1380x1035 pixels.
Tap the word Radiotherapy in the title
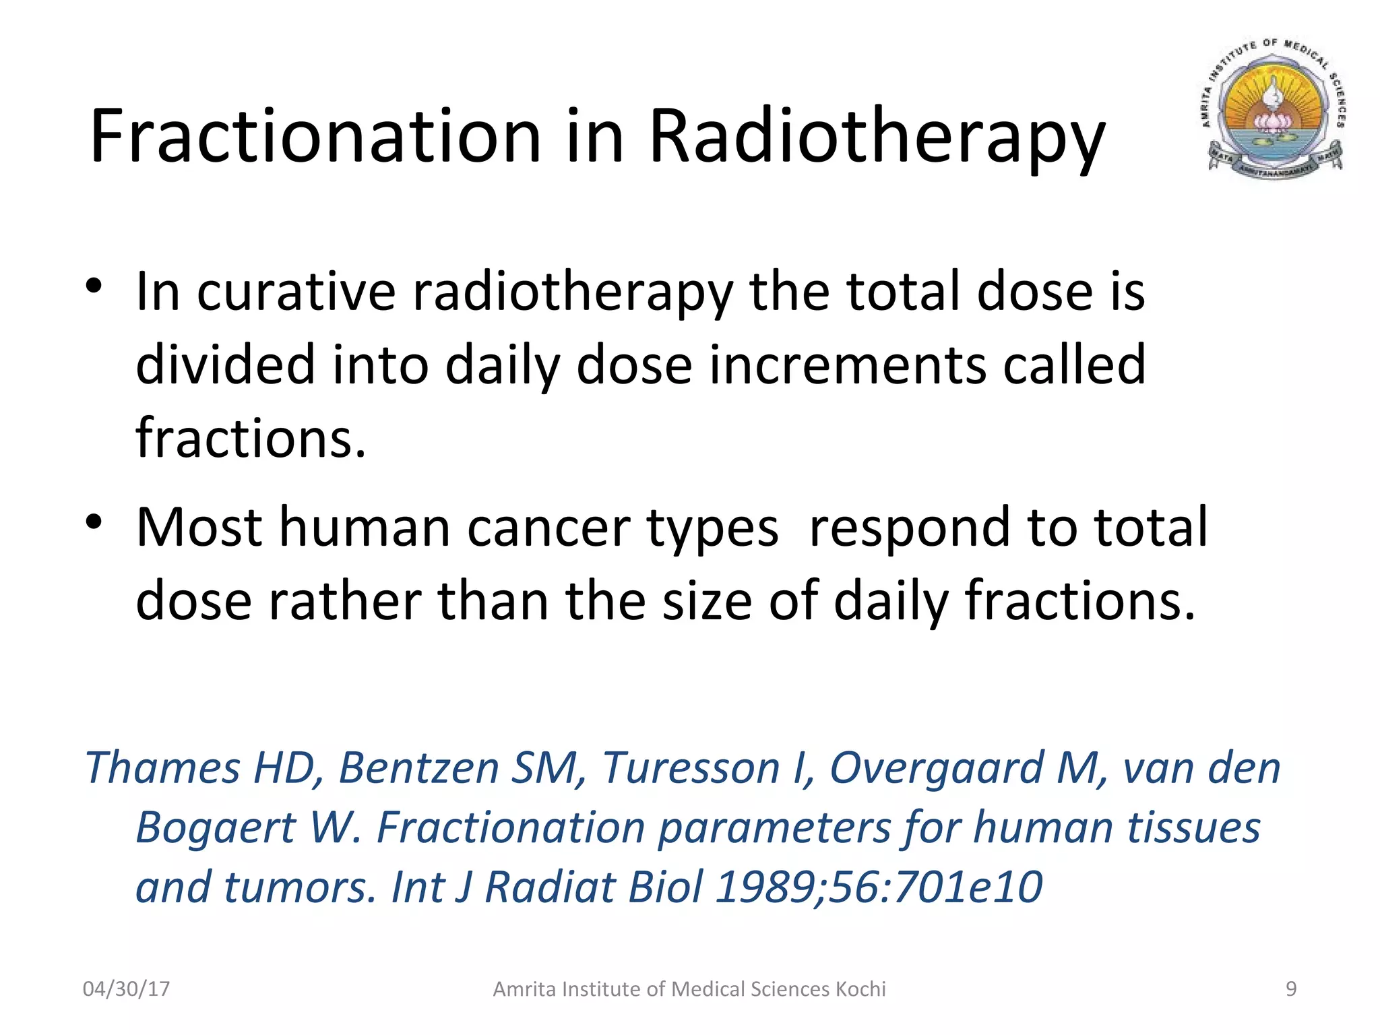click(877, 138)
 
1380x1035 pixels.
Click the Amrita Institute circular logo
click(1272, 111)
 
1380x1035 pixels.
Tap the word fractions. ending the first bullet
click(251, 437)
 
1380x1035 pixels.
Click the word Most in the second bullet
click(199, 527)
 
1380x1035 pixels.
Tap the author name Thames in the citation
click(162, 767)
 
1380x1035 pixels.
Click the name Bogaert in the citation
click(215, 828)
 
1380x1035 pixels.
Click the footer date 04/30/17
click(126, 989)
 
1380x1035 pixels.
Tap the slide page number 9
click(1291, 989)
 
